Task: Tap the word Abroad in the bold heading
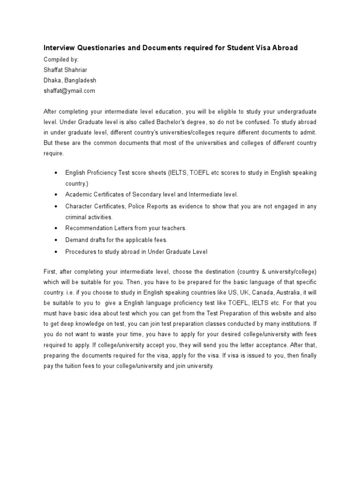[x=283, y=48]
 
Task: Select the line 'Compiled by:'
[x=61, y=60]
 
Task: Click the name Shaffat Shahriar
[x=65, y=70]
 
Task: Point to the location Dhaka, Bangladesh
[x=70, y=80]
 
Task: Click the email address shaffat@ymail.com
[x=69, y=90]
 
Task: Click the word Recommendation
[x=89, y=228]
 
